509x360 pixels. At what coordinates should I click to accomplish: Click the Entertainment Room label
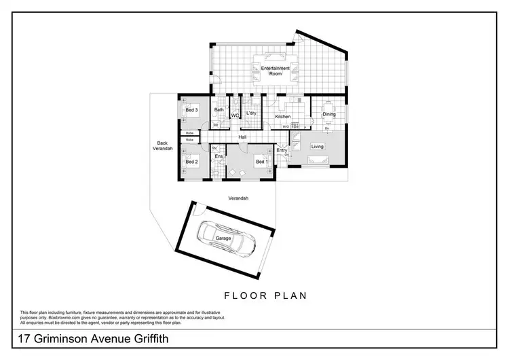(276, 71)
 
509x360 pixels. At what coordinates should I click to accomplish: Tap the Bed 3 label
(192, 110)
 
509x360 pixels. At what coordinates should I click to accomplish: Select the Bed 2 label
(192, 162)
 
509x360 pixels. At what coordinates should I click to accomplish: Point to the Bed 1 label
(261, 162)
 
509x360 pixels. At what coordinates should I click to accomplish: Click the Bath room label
(219, 110)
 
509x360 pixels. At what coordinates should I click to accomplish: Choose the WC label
(234, 116)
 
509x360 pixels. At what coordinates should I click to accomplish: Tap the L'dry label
(250, 113)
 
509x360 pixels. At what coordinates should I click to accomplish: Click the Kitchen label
(282, 117)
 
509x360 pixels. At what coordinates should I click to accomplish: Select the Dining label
(328, 114)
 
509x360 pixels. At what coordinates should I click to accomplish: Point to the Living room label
(318, 147)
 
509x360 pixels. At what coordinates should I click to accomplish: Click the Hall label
(242, 137)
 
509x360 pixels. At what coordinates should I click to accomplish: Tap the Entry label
(282, 150)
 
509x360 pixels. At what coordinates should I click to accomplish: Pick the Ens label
(219, 157)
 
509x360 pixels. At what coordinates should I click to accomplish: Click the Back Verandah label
(162, 146)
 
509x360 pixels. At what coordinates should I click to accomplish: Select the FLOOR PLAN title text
(265, 295)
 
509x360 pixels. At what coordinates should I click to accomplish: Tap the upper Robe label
(190, 133)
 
